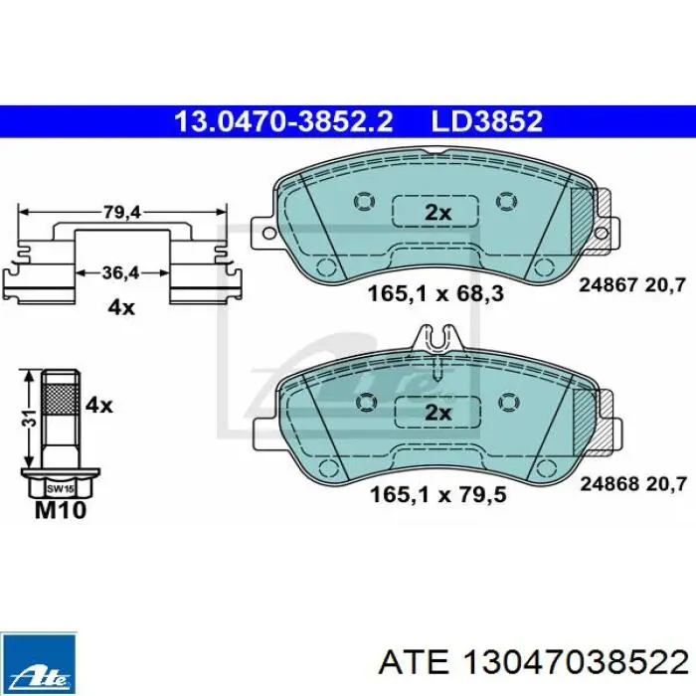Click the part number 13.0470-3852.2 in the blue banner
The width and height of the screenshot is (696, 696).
(283, 121)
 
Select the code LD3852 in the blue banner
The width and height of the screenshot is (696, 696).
(487, 121)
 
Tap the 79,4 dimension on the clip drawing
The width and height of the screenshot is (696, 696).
(121, 213)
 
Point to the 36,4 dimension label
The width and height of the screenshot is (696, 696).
(120, 272)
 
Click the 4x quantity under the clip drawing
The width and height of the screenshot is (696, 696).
(120, 307)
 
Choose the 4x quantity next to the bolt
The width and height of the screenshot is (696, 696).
(98, 406)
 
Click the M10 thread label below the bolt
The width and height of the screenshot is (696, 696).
(61, 510)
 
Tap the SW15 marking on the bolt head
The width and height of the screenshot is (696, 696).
(61, 489)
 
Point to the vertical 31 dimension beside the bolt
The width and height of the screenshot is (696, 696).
(29, 419)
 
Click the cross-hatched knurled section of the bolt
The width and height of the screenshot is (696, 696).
(61, 399)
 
